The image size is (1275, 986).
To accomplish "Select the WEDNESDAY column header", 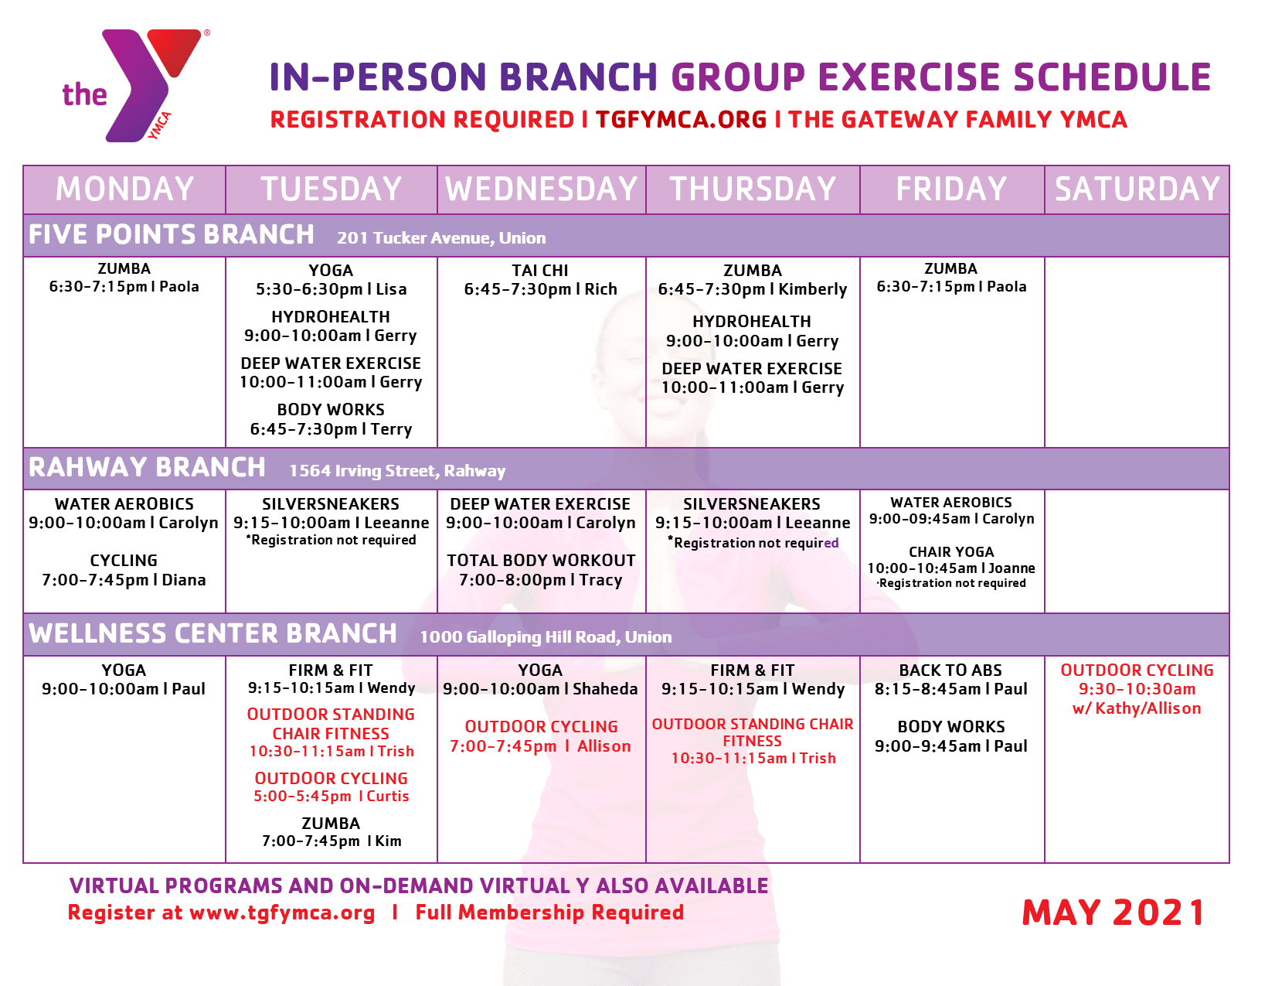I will coord(541,189).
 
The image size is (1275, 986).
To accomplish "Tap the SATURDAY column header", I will coord(1137,189).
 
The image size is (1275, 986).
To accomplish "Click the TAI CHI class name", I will coord(540,271).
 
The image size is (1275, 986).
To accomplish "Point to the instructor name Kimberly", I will coord(813,289).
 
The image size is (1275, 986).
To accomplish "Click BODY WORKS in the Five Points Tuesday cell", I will coord(331,410).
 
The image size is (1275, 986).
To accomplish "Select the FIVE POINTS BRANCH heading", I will coord(172,234).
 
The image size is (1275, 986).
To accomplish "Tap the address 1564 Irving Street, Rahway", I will coord(397,471).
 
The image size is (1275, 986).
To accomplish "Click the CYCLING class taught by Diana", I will coord(124,561).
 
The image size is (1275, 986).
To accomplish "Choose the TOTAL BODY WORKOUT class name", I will coord(541,561).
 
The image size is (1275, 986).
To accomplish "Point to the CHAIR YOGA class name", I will coord(951,552).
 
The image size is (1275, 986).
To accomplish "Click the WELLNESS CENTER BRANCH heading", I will coord(213,634).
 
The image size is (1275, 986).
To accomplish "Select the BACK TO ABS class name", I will coord(950,670).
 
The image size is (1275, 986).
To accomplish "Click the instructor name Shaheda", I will coord(606,689).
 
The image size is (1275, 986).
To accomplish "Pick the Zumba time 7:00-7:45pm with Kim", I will coord(311,841).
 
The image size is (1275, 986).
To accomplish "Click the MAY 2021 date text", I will coord(1113,913).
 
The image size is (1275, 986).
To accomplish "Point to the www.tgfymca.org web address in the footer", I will coord(282,913).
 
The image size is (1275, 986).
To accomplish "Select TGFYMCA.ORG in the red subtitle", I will coord(681,120).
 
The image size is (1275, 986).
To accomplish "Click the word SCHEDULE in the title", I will coord(1112,77).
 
